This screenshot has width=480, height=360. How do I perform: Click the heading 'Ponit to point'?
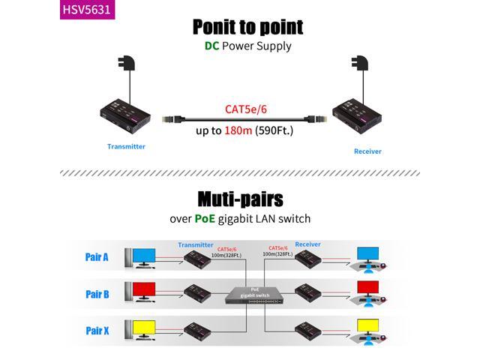tap(247, 27)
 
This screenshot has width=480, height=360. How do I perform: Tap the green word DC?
tap(212, 46)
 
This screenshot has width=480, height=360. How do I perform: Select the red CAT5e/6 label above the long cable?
tap(246, 109)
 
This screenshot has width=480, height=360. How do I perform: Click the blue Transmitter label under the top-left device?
tap(126, 146)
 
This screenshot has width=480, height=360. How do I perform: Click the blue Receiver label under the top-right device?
tap(367, 151)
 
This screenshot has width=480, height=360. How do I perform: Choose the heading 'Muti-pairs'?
tap(240, 199)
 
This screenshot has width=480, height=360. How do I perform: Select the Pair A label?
tap(97, 257)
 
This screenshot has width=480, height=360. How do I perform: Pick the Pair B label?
tap(97, 294)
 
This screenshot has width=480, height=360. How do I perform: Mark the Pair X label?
tap(97, 330)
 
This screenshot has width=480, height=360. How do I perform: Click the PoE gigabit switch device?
tap(247, 295)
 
